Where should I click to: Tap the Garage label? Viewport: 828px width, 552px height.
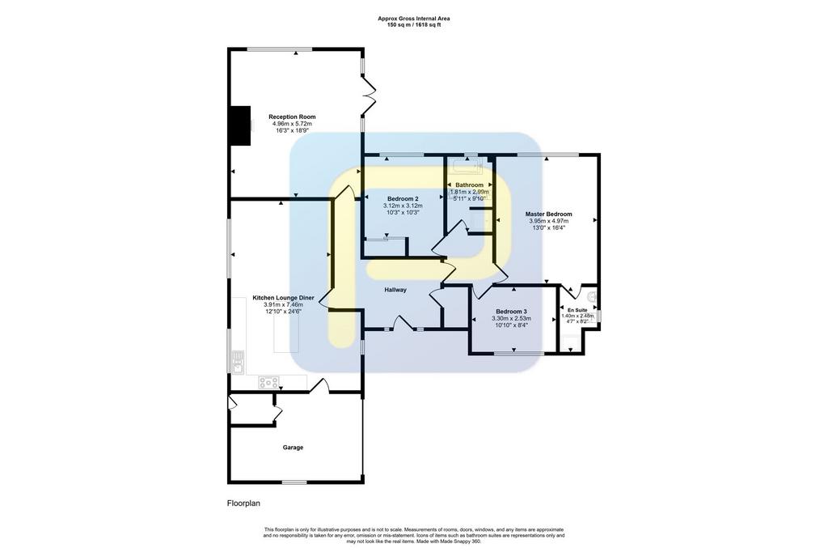click(x=293, y=448)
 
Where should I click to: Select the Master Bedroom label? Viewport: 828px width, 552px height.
click(x=549, y=214)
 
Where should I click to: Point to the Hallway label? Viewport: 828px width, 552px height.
click(x=395, y=290)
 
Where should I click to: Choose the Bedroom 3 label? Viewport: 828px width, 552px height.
click(x=511, y=312)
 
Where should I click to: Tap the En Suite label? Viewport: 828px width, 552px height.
click(x=577, y=310)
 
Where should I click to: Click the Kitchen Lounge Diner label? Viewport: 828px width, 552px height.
click(x=284, y=298)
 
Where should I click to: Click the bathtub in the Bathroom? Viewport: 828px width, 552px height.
click(x=467, y=167)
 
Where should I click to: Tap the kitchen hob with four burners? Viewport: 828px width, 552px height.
click(x=268, y=382)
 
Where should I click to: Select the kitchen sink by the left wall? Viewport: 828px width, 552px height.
click(x=239, y=362)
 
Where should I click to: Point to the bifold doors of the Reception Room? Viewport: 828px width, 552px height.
click(x=369, y=96)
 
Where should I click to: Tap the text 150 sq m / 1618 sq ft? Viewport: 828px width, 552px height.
click(x=414, y=24)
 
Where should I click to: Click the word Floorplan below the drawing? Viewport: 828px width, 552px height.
click(x=244, y=503)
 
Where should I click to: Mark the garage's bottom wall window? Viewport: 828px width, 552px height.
click(x=294, y=482)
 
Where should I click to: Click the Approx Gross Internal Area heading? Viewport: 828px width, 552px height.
click(x=414, y=19)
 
